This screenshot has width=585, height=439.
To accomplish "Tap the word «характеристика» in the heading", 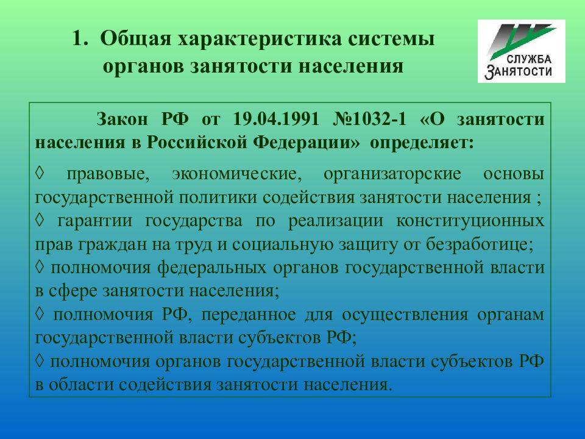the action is [259, 40].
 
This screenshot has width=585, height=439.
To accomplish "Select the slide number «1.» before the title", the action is [80, 39].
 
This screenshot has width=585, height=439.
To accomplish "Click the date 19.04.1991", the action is [276, 119].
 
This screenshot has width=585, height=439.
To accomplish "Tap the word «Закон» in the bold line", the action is [122, 120].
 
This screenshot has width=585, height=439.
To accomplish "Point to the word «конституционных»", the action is [470, 221].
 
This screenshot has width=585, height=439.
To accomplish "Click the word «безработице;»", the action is [480, 244].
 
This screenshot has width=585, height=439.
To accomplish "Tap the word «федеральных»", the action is [211, 268].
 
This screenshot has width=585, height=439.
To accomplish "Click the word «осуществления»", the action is [405, 315].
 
